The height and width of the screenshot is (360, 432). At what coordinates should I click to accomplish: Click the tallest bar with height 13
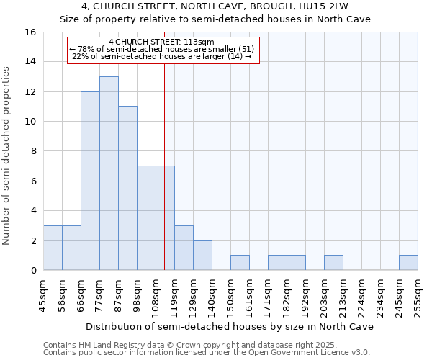[109, 173]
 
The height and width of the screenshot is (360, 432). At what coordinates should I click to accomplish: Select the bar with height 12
[90, 181]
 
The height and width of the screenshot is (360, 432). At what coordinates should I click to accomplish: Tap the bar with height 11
[127, 188]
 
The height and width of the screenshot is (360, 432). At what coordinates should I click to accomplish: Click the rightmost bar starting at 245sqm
[408, 263]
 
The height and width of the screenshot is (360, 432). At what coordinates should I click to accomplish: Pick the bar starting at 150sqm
[240, 263]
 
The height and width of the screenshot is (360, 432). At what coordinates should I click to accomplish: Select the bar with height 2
[202, 256]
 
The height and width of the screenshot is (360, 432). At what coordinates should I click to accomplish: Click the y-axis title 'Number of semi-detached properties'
[7, 156]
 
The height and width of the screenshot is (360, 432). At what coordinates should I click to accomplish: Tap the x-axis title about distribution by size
[229, 327]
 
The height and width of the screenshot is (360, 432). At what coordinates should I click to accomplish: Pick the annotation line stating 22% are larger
[162, 56]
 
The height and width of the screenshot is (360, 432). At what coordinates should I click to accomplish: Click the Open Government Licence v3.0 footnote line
[207, 352]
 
